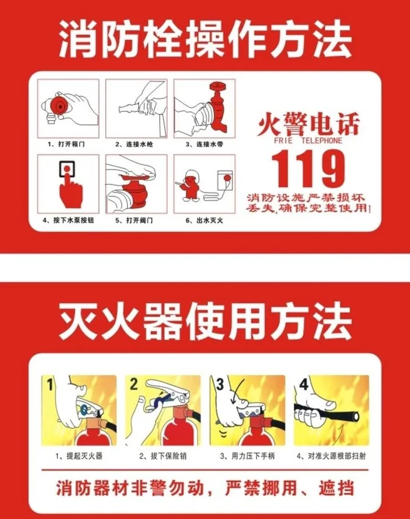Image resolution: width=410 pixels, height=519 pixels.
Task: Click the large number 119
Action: pos(308,169)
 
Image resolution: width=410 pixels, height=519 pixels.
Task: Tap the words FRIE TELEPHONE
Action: pos(308,140)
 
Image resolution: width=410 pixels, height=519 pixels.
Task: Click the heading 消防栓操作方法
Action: pos(205,39)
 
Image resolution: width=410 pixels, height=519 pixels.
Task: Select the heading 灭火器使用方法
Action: pos(205,322)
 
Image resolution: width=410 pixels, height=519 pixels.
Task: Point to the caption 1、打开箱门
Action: pos(66,145)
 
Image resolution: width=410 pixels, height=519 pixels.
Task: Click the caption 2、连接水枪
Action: pos(134,145)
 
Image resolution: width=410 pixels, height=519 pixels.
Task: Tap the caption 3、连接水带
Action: pos(204,145)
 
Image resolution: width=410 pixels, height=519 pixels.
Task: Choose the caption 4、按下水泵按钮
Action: pos(69,220)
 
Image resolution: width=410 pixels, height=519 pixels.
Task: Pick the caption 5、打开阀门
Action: pos(134,220)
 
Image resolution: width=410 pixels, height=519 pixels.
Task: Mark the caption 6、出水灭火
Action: pos(204,220)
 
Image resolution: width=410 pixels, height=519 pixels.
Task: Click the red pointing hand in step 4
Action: pos(70,188)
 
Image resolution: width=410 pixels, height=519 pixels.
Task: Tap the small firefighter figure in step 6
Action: pos(190,186)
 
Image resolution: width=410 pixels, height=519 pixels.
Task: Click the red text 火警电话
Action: pos(308,125)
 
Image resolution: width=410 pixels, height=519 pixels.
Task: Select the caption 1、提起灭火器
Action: pos(79,456)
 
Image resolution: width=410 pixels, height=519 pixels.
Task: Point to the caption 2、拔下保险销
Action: pos(163,456)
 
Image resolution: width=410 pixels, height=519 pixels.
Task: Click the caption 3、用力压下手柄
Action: pos(247,456)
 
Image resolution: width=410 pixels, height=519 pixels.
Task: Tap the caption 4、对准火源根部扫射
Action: pos(331,456)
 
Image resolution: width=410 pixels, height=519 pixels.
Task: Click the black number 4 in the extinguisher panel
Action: pos(303,384)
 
